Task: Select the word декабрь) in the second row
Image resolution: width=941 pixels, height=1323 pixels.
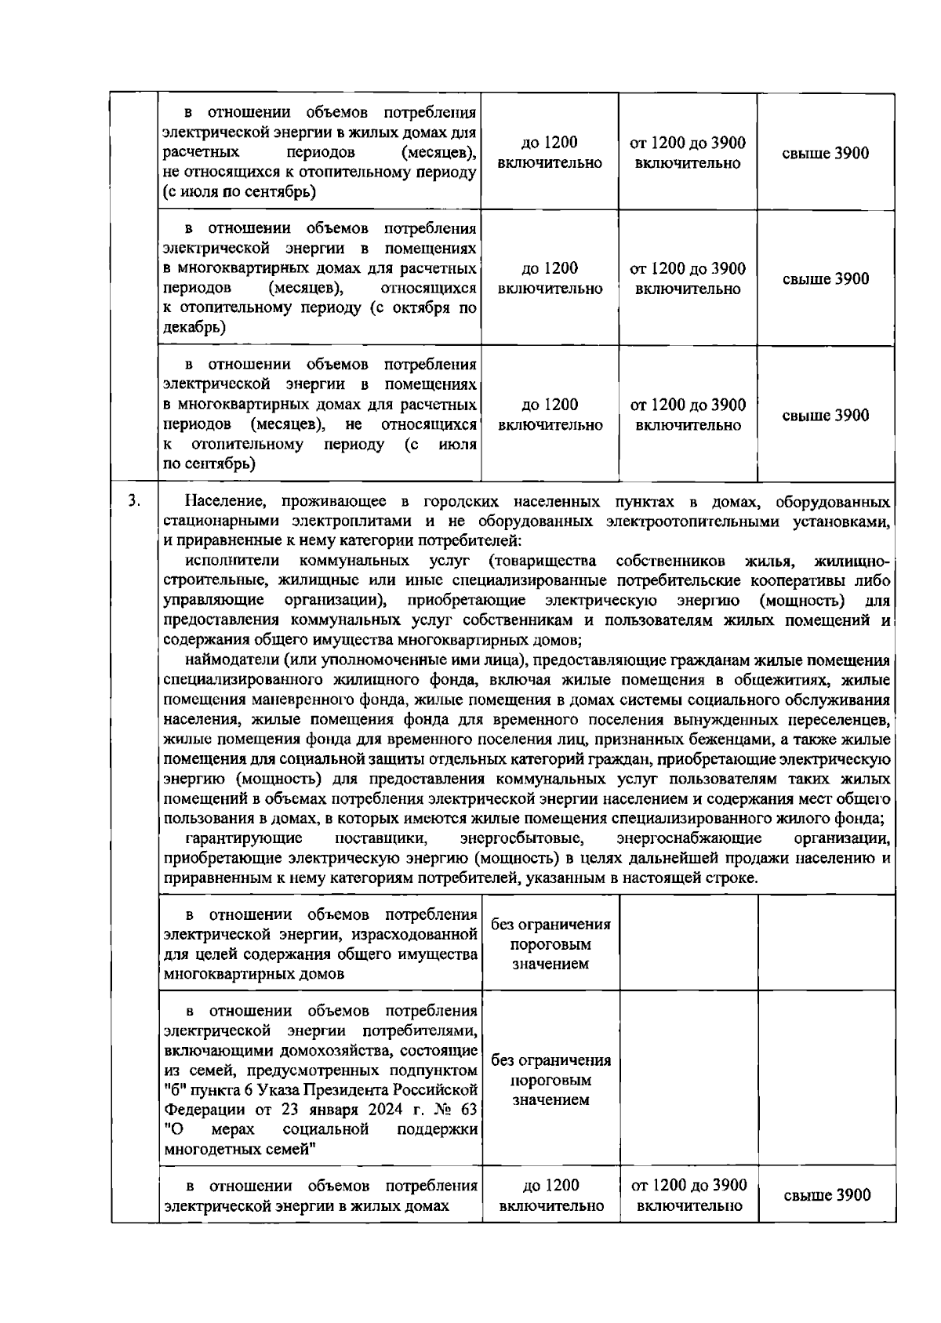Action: [x=193, y=328]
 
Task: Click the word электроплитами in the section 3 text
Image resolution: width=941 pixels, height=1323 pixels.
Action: [x=354, y=521]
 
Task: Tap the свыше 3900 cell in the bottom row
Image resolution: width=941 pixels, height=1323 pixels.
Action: [x=827, y=1195]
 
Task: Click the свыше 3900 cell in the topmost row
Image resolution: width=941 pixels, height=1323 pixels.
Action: [x=826, y=153]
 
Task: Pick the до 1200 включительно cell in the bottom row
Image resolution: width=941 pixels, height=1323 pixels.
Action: [x=550, y=1195]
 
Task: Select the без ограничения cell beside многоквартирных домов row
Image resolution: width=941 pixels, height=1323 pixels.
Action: [x=550, y=943]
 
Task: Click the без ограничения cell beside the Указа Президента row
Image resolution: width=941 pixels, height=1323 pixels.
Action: [x=550, y=1080]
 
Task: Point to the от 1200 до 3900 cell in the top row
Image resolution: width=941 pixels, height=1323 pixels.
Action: [x=688, y=153]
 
